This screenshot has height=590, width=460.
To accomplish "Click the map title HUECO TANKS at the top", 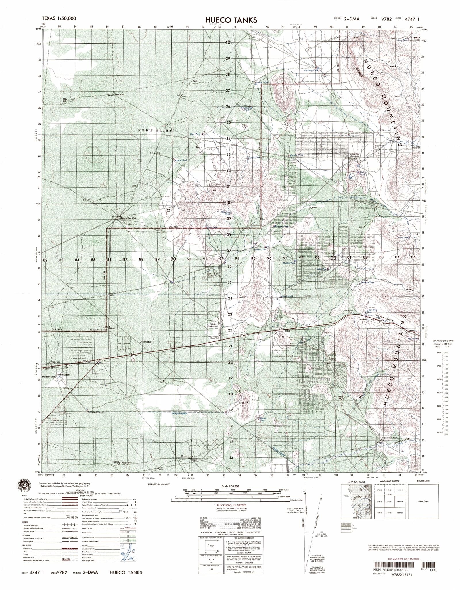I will click(x=231, y=20).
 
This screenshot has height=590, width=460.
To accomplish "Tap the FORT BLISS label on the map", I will click(x=155, y=130).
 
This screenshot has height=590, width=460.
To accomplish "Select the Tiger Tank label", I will click(x=195, y=134).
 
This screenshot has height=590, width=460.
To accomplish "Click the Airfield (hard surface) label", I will click(x=214, y=326).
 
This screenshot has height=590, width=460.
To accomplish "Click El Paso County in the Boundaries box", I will click(x=423, y=501).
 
